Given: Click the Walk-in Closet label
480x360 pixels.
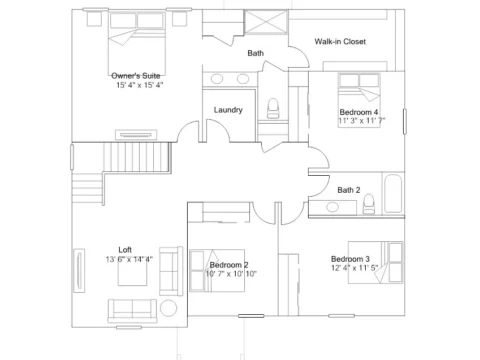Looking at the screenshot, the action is pyautogui.click(x=340, y=41).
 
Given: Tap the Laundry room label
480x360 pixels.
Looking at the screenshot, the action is pyautogui.click(x=228, y=110).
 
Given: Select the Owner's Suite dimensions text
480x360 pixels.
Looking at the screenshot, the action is pyautogui.click(x=139, y=85).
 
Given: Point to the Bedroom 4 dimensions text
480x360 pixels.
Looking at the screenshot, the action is pyautogui.click(x=362, y=120).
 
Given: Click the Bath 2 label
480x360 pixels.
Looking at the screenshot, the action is pyautogui.click(x=349, y=190).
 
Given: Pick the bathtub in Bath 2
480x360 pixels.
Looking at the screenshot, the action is pyautogui.click(x=393, y=193).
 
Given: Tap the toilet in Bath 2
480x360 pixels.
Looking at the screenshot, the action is pyautogui.click(x=369, y=204).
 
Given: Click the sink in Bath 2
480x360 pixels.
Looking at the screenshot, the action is pyautogui.click(x=332, y=207).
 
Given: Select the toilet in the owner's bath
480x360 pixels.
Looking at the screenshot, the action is pyautogui.click(x=273, y=108).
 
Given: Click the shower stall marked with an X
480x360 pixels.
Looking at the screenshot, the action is pyautogui.click(x=266, y=22).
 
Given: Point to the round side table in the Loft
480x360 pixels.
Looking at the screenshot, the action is pyautogui.click(x=169, y=308).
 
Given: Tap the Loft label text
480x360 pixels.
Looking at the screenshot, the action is pyautogui.click(x=125, y=250).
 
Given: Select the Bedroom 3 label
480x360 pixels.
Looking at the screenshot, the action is pyautogui.click(x=350, y=259).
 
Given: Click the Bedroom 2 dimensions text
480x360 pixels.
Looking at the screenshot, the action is pyautogui.click(x=231, y=274).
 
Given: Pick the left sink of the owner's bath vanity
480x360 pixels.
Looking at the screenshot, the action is pyautogui.click(x=217, y=79).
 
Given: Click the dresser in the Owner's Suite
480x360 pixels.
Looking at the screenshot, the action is pyautogui.click(x=136, y=135).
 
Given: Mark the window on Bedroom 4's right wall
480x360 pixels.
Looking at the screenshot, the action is pyautogui.click(x=405, y=122).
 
